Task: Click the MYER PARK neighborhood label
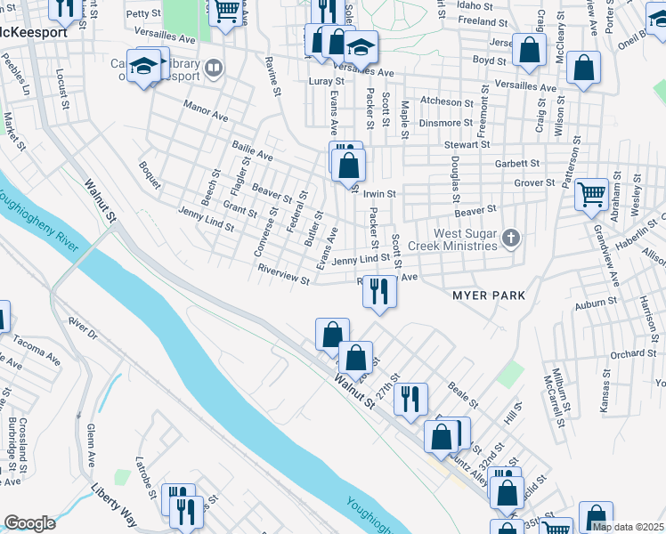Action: click(489, 295)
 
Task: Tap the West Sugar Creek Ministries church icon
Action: click(510, 238)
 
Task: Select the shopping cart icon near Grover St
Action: click(591, 194)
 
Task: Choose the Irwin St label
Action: click(379, 193)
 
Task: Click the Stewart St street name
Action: click(470, 143)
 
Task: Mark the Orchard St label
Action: click(633, 353)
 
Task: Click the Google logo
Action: click(29, 523)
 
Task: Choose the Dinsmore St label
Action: click(447, 123)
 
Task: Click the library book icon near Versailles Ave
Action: click(214, 68)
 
